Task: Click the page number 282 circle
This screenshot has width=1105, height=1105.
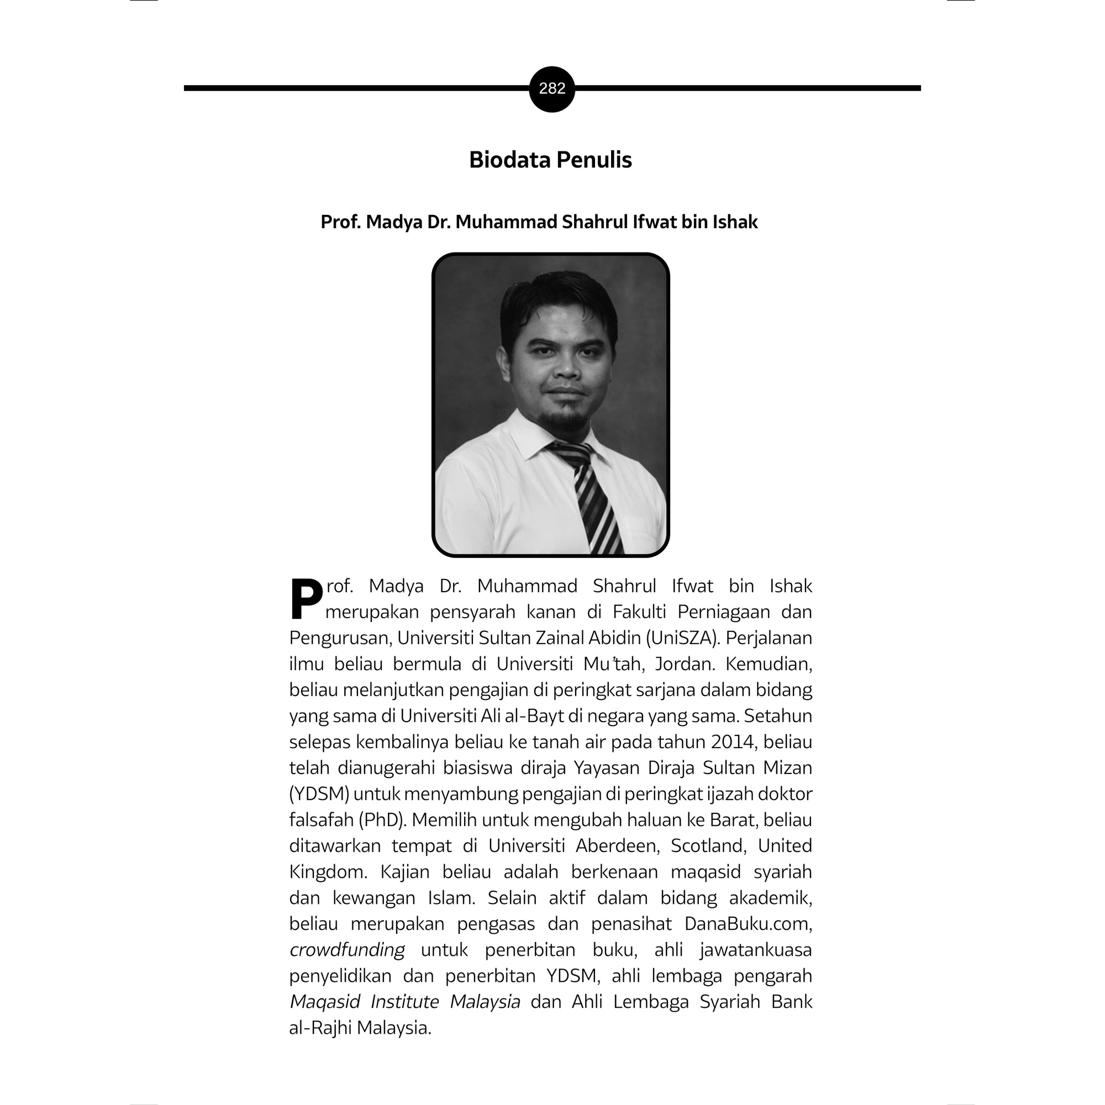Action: tap(552, 88)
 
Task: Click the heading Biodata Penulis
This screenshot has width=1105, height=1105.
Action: tap(550, 160)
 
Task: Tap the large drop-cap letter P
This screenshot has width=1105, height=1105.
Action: tap(306, 599)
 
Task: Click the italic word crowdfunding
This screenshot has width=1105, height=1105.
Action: tap(347, 950)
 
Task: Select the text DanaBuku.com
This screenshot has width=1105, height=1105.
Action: tap(748, 924)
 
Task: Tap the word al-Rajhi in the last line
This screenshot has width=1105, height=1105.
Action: tap(320, 1028)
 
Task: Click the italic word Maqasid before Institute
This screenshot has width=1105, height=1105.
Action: tap(325, 1002)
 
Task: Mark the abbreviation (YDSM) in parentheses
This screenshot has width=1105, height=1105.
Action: tap(319, 794)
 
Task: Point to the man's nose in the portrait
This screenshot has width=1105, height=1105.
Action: tap(566, 369)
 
